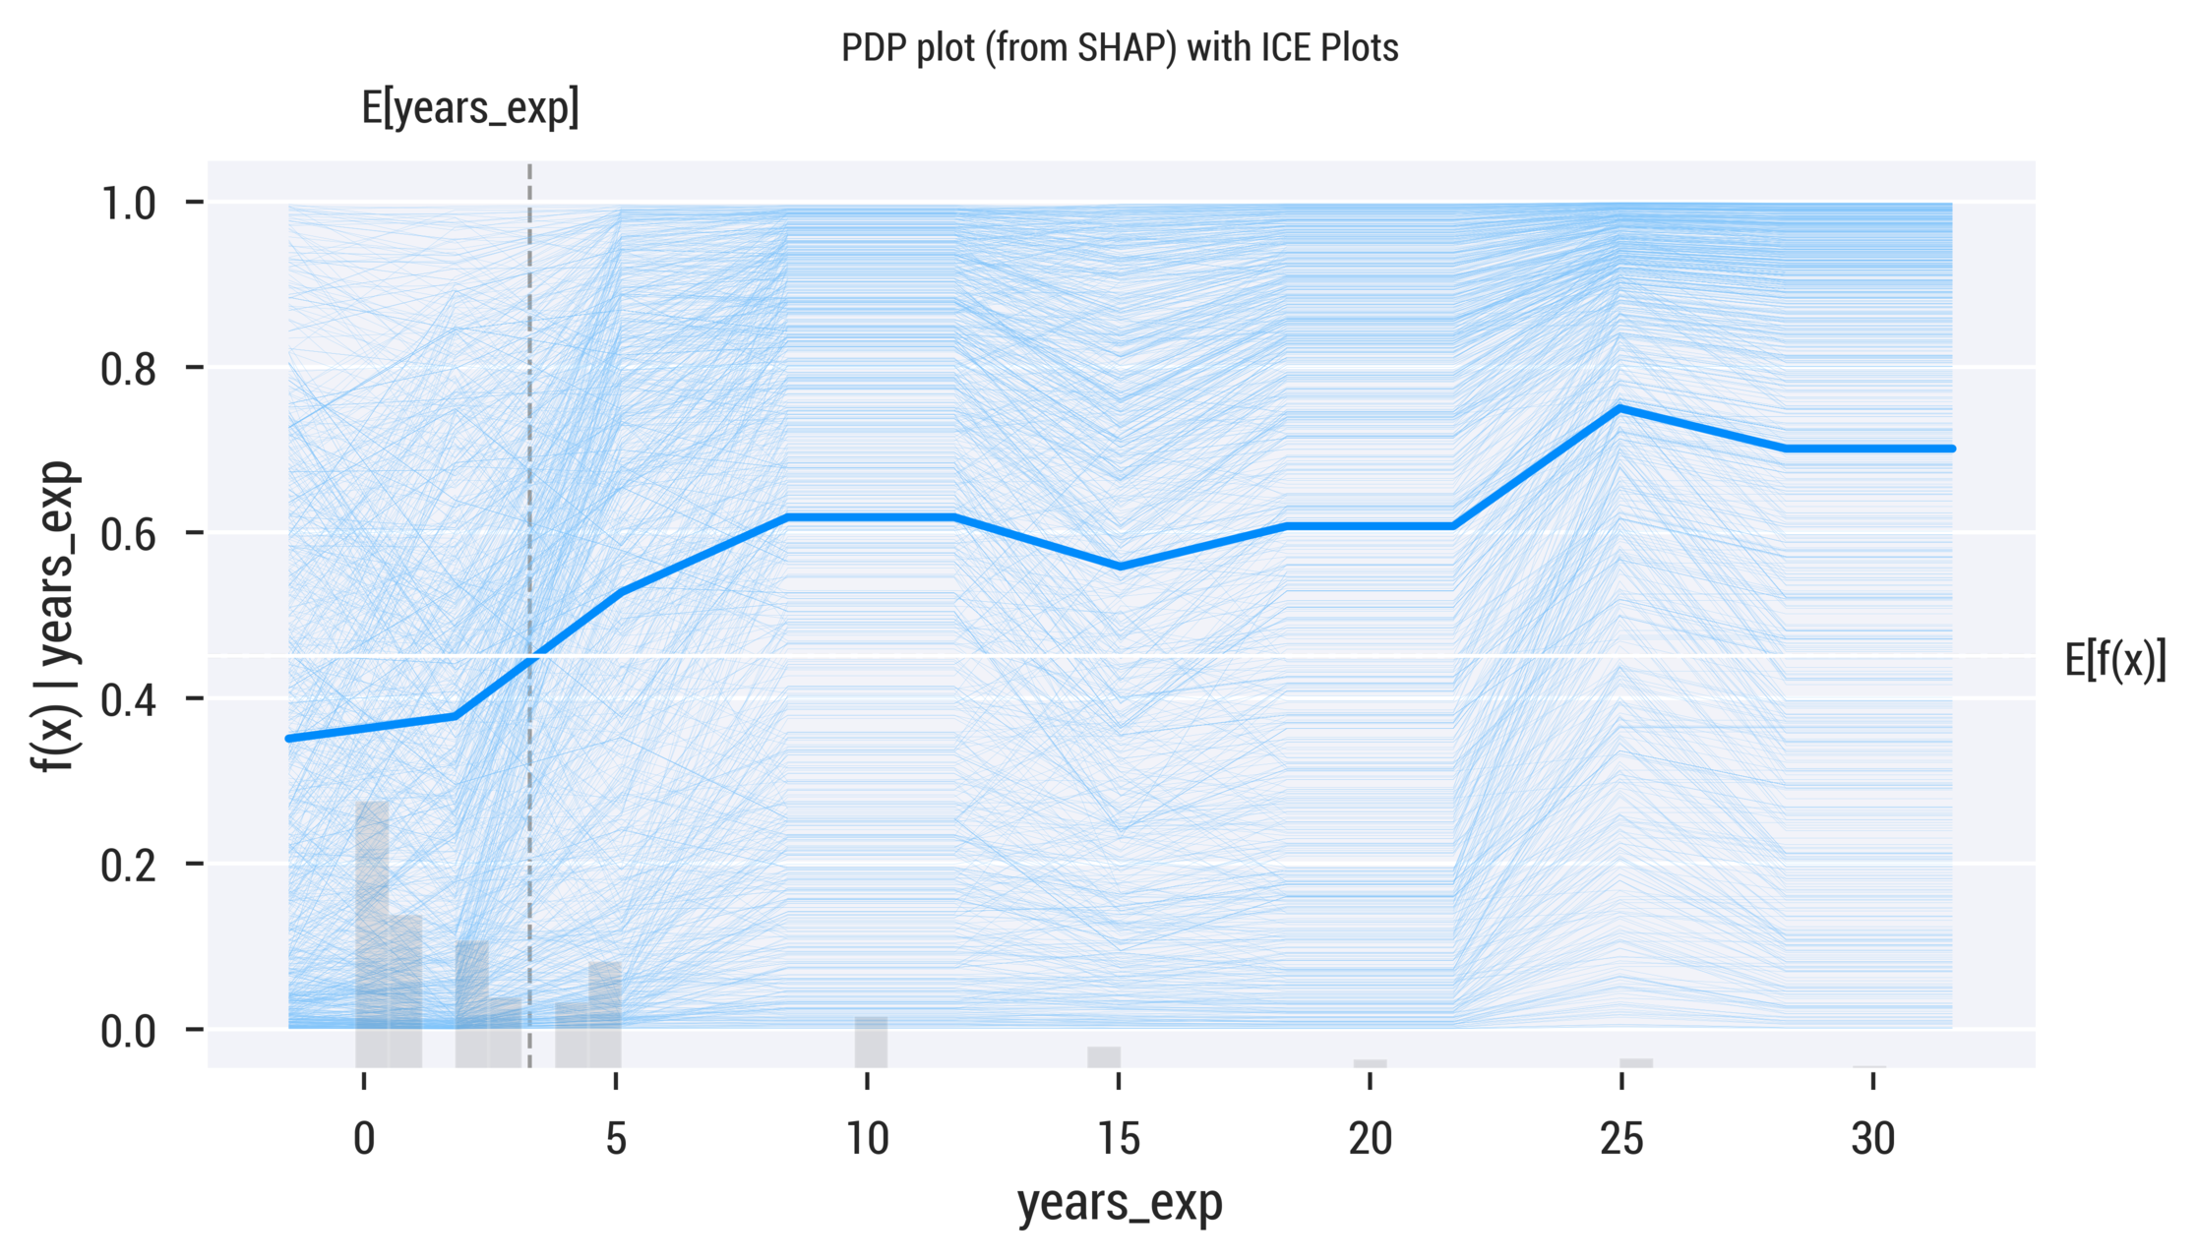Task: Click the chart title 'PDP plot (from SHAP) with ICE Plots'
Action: pyautogui.click(x=1119, y=47)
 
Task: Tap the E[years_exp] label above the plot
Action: pyautogui.click(x=470, y=108)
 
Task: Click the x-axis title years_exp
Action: pyautogui.click(x=1120, y=1203)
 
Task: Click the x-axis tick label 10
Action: pyautogui.click(x=867, y=1139)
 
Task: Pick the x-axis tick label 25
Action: pyautogui.click(x=1621, y=1139)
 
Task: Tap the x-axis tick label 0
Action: pyautogui.click(x=364, y=1139)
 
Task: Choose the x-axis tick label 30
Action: pyautogui.click(x=1872, y=1139)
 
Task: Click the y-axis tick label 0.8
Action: pyautogui.click(x=128, y=369)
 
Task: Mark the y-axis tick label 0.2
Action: pyautogui.click(x=128, y=866)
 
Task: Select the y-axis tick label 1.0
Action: pyautogui.click(x=128, y=204)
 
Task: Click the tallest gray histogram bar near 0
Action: pyautogui.click(x=372, y=934)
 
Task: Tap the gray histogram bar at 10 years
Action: pyautogui.click(x=871, y=1043)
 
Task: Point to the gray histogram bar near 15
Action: pyautogui.click(x=1104, y=1057)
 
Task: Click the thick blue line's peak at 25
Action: pyautogui.click(x=1619, y=407)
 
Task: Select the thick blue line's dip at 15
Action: pyautogui.click(x=1120, y=567)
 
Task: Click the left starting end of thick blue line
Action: pyautogui.click(x=289, y=738)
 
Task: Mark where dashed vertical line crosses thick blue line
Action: pyautogui.click(x=530, y=661)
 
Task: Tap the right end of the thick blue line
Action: pyautogui.click(x=1951, y=449)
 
